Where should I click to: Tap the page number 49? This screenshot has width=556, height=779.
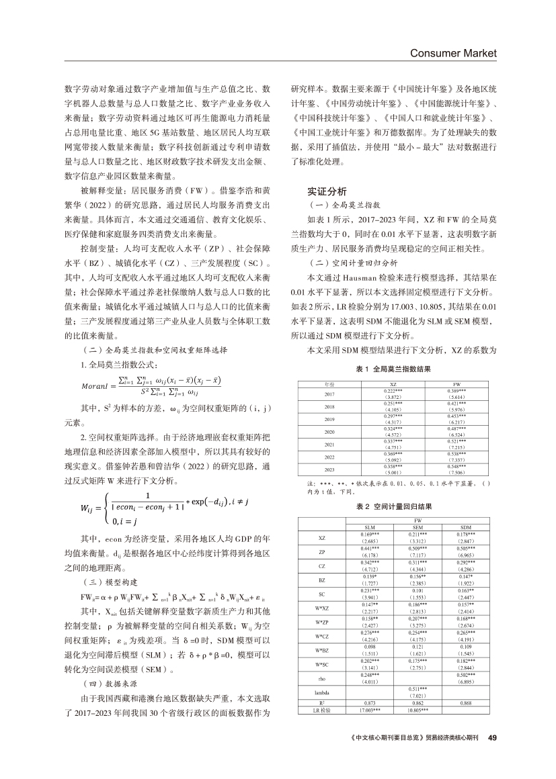tap(491, 737)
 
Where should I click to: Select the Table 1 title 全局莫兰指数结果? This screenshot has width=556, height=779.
tap(393, 369)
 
